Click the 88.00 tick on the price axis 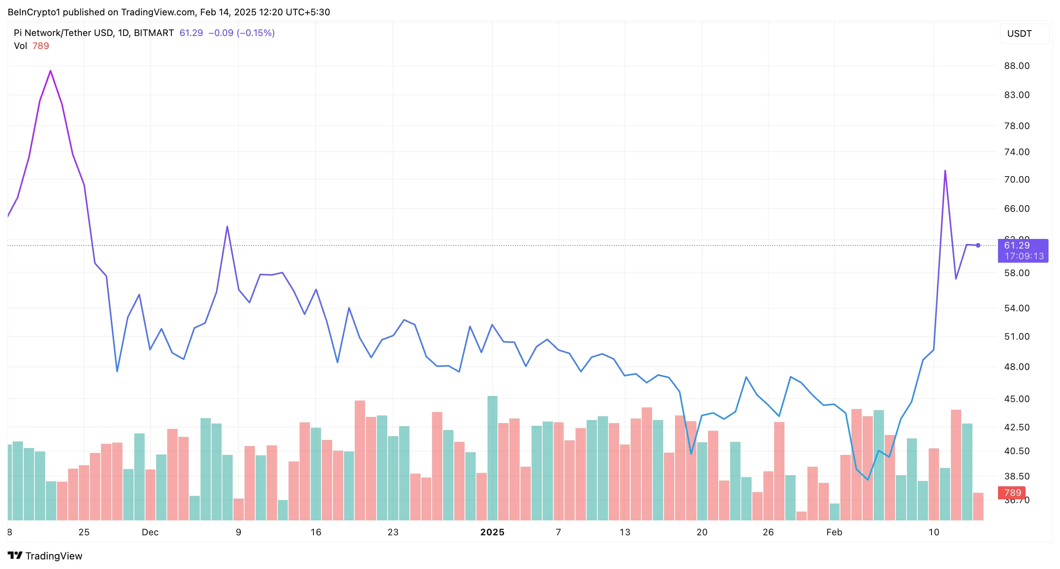point(1016,66)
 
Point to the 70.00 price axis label point(1016,180)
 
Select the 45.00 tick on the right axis point(1016,399)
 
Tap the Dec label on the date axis point(150,532)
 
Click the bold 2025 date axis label point(492,532)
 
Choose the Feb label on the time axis point(834,532)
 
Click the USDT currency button point(1019,34)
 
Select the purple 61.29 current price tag point(1022,250)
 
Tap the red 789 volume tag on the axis point(1012,492)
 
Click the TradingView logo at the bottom point(45,556)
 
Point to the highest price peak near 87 point(51,71)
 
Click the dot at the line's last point point(978,245)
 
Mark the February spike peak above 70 point(945,170)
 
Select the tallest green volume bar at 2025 point(492,457)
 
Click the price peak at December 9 point(227,226)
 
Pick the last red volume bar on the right point(978,507)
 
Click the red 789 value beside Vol point(40,46)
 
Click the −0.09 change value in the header point(221,33)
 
